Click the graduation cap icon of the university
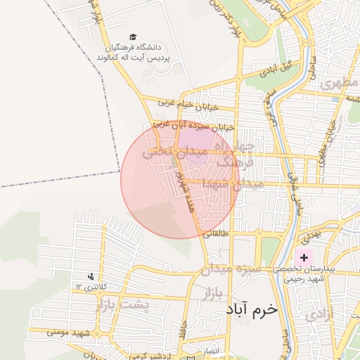134,37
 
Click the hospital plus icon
304,258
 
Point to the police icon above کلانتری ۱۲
91,276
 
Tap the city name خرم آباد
252,309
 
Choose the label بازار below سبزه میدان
218,292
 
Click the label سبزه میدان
231,269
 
